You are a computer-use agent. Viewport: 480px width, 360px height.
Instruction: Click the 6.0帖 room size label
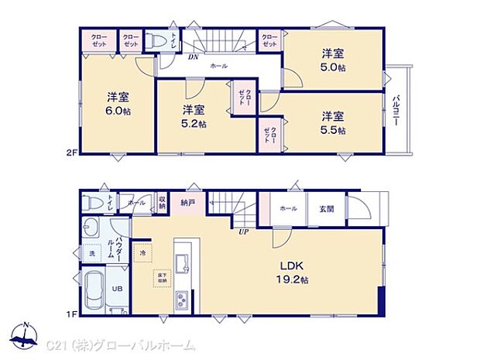point(118,111)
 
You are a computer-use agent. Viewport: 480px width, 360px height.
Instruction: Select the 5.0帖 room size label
point(333,67)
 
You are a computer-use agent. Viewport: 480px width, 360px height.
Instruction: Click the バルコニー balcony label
point(396,111)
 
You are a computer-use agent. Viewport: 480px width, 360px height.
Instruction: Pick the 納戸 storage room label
point(187,204)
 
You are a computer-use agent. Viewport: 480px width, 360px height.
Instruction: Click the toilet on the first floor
point(91,203)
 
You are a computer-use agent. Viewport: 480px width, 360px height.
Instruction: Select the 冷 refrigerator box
point(143,252)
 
